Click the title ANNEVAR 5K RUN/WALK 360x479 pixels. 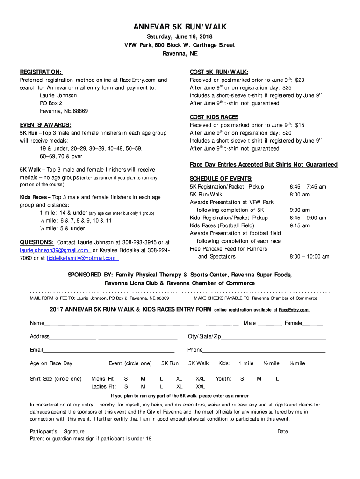(180, 28)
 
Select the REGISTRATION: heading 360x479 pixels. (40, 72)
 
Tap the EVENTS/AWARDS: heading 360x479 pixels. (45, 125)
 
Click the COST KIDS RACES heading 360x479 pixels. (214, 117)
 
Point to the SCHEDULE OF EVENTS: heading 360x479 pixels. (221, 179)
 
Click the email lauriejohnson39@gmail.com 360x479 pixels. (54, 250)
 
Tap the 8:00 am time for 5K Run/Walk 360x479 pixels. (299, 195)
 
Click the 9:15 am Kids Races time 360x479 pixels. (299, 226)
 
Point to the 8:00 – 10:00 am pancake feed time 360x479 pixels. (309, 257)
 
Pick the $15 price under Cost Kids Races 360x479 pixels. (299, 125)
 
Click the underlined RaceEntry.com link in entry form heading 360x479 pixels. (294, 310)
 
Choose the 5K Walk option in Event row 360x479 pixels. (198, 363)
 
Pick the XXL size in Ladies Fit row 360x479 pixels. (200, 387)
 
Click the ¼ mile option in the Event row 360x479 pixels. (297, 363)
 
